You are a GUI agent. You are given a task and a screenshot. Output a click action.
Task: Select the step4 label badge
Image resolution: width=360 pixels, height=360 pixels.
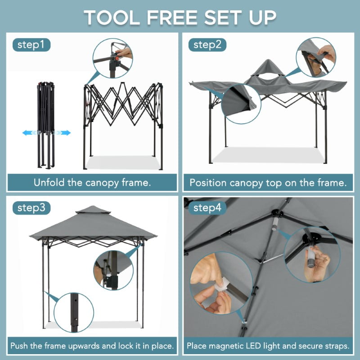pos(208,208)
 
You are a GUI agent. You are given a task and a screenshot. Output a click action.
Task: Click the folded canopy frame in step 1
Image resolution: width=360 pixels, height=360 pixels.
pos(46,124)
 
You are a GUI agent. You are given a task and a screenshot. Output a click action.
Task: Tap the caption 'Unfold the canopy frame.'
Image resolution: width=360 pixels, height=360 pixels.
pos(92,183)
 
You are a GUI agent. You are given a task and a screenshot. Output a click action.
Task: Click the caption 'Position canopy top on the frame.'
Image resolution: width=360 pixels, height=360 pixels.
pos(268,183)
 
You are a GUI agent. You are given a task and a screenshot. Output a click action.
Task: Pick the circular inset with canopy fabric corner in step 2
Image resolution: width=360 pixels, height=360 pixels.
pos(242,103)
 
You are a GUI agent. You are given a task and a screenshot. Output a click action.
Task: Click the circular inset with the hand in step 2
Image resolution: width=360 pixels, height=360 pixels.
pos(316,57)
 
